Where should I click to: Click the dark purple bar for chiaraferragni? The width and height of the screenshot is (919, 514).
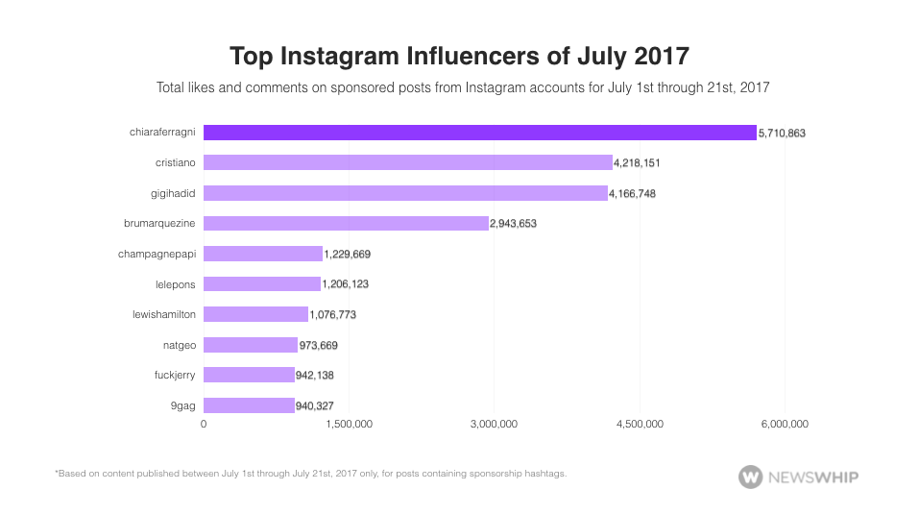point(479,133)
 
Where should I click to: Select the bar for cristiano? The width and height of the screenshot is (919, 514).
point(407,162)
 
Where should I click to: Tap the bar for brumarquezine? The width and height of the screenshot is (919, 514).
point(346,223)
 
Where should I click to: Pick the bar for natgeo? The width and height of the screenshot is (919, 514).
point(251,345)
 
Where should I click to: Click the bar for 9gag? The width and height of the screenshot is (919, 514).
point(249,405)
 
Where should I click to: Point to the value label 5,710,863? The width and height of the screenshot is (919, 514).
point(782,134)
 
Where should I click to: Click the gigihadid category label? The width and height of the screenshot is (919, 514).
point(174,193)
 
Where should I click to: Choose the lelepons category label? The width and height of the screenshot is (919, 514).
point(175,284)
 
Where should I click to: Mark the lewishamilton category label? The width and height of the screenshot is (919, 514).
point(164,314)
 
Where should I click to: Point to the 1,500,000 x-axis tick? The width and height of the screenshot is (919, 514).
point(349,424)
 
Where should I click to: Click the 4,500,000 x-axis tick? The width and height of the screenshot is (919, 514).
point(640,424)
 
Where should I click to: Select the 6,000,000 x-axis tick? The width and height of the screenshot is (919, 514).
point(786,424)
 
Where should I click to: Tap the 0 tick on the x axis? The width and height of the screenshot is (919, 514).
point(204,424)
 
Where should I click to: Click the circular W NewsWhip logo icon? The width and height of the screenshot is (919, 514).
point(750,476)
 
